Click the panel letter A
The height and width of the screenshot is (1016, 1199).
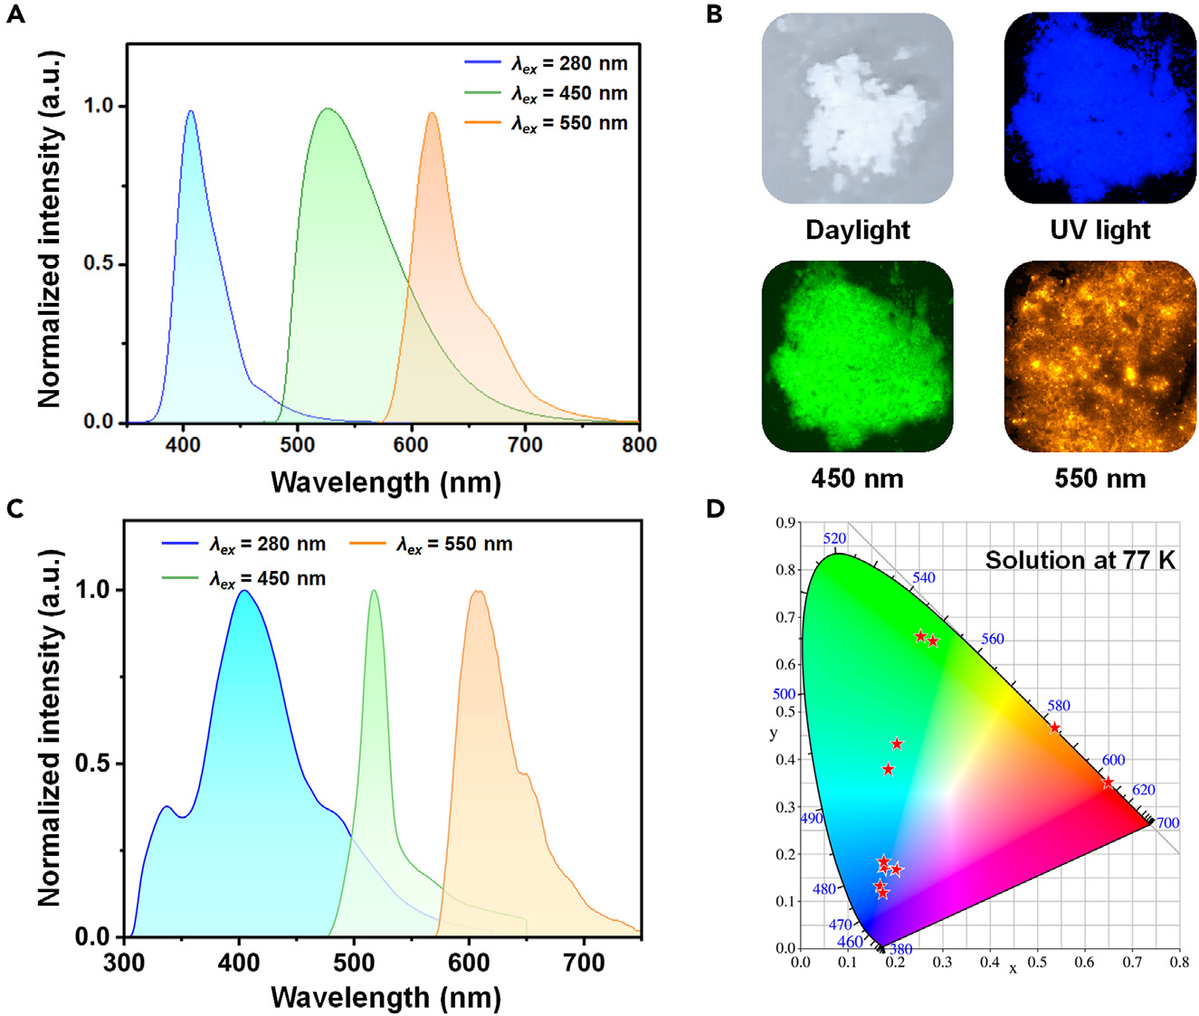15,15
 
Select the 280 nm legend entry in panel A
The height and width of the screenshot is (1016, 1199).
546,63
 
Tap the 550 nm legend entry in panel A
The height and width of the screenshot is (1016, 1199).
546,123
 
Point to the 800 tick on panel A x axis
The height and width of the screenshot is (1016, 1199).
640,445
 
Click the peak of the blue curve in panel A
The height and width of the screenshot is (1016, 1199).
190,111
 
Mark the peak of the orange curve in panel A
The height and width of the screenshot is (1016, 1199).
432,113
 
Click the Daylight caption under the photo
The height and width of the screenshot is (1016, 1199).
857,230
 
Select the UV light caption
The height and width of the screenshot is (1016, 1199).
1099,230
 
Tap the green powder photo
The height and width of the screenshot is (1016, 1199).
857,356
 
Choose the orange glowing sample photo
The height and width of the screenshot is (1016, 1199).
1100,356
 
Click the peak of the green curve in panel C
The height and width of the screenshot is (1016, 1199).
374,591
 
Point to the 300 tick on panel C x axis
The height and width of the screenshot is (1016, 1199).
124,963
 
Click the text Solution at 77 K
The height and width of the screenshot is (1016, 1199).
1080,560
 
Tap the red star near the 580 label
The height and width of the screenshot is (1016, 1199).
1054,728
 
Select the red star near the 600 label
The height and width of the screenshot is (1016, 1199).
1109,783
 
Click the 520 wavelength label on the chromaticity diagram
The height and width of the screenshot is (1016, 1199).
834,539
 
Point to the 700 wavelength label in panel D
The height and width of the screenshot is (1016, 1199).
1167,823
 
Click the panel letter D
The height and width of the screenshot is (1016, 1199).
715,508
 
